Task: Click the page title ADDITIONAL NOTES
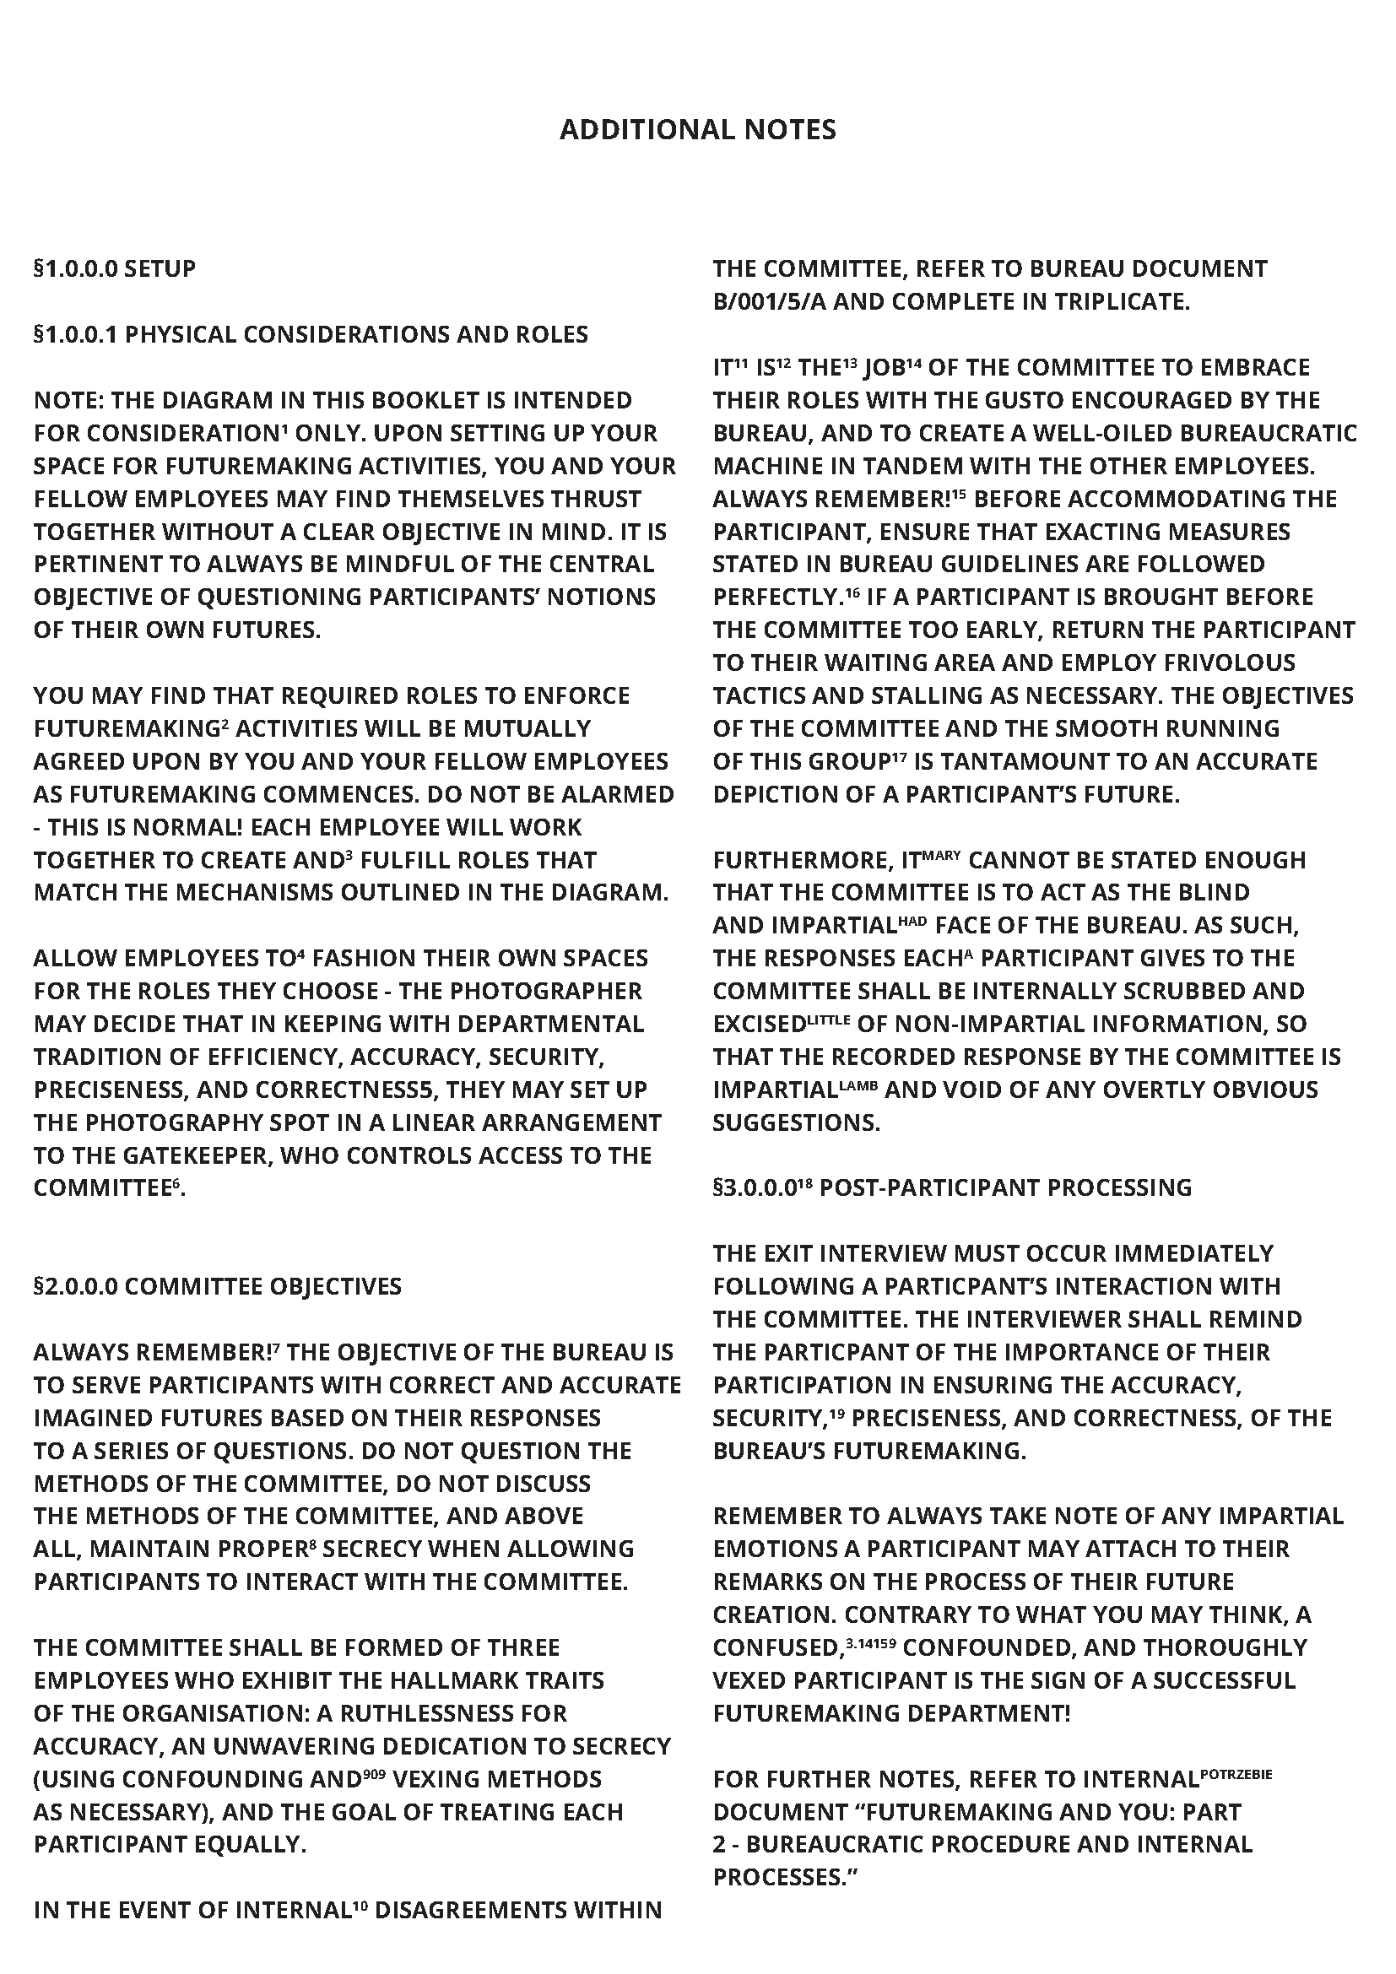697,130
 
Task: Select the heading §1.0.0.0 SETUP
114,268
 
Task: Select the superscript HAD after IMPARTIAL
913,919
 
